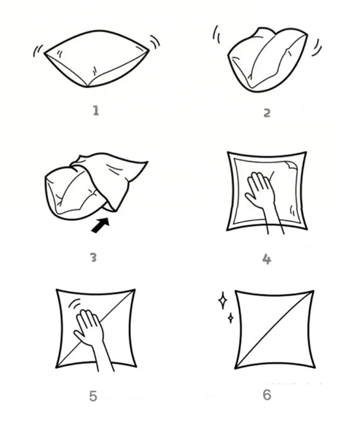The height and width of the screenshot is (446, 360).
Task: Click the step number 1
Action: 96,110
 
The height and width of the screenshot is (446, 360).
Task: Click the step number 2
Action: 267,113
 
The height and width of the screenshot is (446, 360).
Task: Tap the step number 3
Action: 94,258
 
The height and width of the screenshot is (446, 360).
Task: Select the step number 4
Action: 267,259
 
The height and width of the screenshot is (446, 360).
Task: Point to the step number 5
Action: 93,396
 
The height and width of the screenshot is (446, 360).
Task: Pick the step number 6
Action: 267,395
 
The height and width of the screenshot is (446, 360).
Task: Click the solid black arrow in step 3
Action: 100,225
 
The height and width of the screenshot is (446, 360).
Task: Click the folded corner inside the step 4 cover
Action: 291,165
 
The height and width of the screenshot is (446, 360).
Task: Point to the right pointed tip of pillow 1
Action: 149,50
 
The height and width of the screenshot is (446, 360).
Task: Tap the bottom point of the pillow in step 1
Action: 87,87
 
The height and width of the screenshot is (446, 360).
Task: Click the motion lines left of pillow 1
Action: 38,51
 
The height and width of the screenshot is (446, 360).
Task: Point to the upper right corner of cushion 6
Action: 314,291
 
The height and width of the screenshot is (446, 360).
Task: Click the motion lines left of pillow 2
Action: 216,35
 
